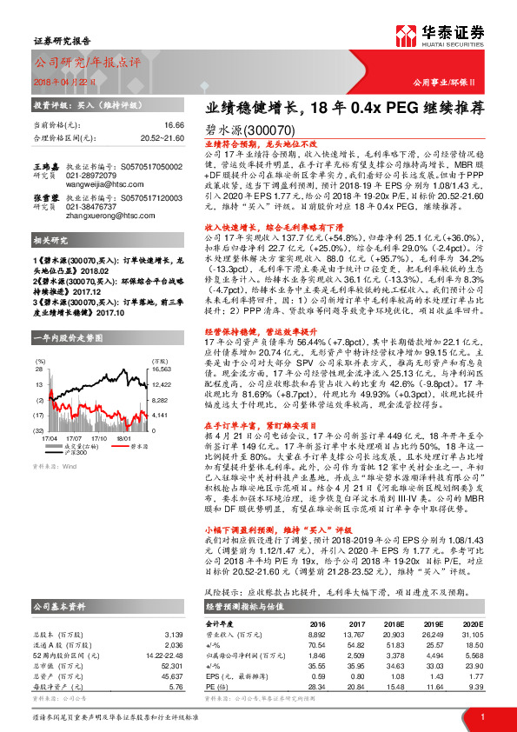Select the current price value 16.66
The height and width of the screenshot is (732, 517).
pyautogui.click(x=175, y=126)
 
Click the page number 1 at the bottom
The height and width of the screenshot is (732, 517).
pyautogui.click(x=482, y=715)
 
